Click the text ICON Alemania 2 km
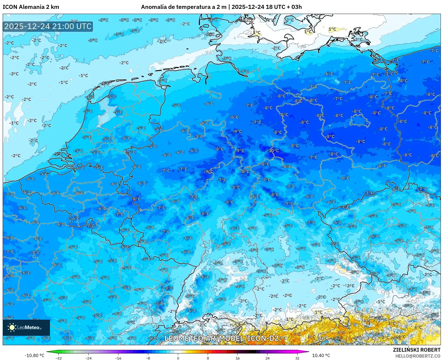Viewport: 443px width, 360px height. (x=31, y=7)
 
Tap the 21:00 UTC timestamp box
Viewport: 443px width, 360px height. (x=48, y=26)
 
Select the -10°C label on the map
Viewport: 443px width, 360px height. (x=273, y=151)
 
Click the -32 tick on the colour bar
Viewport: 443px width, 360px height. (x=59, y=358)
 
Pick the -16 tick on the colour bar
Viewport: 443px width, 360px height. (x=118, y=358)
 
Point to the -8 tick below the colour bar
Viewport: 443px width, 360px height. (x=148, y=358)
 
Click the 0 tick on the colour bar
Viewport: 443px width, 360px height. (x=178, y=358)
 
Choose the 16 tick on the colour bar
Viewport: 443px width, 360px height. (x=237, y=358)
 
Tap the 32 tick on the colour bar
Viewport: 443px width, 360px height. (x=297, y=358)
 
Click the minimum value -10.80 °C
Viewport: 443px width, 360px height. (x=35, y=355)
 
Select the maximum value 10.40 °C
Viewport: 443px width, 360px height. (x=321, y=355)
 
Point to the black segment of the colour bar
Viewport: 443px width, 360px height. (x=253, y=352)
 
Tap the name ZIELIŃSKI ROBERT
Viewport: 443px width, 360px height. (x=417, y=350)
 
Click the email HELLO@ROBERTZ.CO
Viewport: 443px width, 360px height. (x=418, y=356)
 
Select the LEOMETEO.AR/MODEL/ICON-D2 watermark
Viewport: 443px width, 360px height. (x=221, y=338)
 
